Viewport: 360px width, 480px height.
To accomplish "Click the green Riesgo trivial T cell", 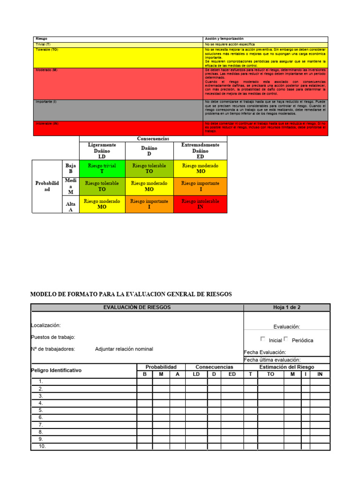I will point(102,169).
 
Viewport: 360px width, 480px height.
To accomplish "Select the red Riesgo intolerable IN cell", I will point(200,204).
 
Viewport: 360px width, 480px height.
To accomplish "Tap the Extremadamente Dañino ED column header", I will point(200,151).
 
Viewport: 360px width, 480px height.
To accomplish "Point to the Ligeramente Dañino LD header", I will point(102,151).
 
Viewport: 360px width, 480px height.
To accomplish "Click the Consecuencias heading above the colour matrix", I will point(153,139).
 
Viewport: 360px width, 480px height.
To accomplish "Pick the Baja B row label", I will point(70,169).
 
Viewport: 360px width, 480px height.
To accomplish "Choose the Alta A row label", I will point(70,207).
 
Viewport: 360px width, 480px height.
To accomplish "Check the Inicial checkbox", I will point(262,339).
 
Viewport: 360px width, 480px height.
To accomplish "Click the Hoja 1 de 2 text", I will point(286,307).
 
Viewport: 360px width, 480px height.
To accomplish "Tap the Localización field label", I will point(45,325).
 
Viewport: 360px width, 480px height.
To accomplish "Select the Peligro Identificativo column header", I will point(56,370).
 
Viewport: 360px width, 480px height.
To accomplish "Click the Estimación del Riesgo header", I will point(286,367).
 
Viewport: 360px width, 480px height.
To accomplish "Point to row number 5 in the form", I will point(41,410).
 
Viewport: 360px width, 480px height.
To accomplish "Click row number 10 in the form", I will point(42,446).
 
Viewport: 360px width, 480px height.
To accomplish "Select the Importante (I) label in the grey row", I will point(46,102).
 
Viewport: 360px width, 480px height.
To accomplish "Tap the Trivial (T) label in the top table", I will point(43,44).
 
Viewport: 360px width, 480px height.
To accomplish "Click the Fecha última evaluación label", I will point(272,360).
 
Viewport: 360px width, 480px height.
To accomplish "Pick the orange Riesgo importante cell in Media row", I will point(200,186).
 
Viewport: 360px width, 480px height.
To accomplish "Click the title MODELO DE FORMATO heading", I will point(131,294).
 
